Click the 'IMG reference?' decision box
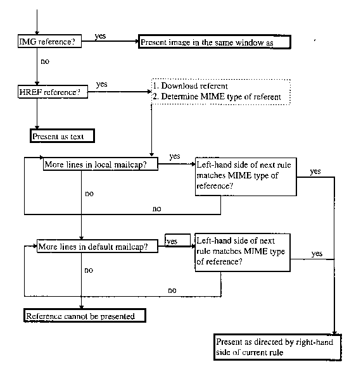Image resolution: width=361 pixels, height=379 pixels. [x=49, y=41]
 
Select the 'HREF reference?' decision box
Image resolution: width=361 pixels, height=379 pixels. [x=53, y=92]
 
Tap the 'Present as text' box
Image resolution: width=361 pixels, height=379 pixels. [x=62, y=136]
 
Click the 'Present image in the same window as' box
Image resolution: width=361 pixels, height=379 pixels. [x=214, y=42]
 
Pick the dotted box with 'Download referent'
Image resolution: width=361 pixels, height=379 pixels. [x=220, y=92]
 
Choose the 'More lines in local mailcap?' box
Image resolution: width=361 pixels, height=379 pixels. [x=101, y=164]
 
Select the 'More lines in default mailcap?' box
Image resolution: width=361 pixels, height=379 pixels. [x=98, y=246]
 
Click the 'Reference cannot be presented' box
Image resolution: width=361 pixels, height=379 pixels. [x=85, y=316]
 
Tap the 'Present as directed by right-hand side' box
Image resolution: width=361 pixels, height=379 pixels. [x=277, y=347]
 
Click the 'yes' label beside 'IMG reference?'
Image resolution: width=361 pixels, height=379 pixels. [x=100, y=36]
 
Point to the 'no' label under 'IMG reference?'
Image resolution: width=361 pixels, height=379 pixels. [x=45, y=61]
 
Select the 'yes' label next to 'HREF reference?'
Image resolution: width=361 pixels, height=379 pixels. [x=101, y=84]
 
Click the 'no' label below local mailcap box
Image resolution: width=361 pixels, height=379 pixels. [x=89, y=194]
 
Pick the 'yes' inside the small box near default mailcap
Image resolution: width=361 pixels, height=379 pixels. [x=172, y=241]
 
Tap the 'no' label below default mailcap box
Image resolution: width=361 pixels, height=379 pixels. [x=89, y=270]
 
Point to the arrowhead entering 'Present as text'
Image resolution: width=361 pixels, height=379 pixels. [x=37, y=127]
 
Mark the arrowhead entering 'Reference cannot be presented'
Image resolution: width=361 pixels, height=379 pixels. [x=81, y=307]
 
